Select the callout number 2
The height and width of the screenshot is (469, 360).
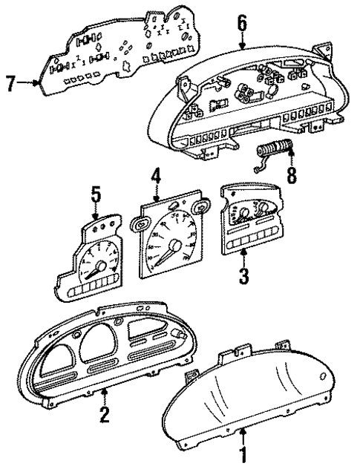105,413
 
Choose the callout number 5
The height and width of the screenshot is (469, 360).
96,195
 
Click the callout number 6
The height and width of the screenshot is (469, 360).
241,24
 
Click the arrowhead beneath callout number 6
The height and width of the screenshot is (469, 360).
243,47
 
